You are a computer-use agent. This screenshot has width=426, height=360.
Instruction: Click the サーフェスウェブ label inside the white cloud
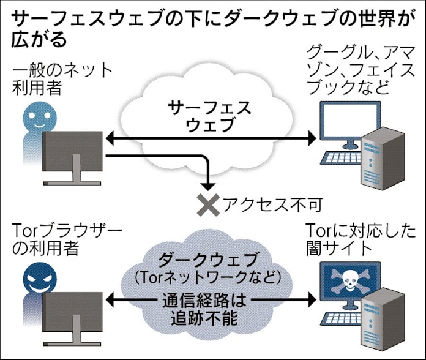click(x=210, y=116)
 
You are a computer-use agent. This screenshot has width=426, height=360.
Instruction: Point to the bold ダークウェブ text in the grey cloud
click(x=211, y=258)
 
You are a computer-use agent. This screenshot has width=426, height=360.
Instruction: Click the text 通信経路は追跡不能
click(x=210, y=309)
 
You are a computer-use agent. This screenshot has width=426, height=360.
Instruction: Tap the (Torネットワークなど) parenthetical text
click(x=211, y=278)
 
